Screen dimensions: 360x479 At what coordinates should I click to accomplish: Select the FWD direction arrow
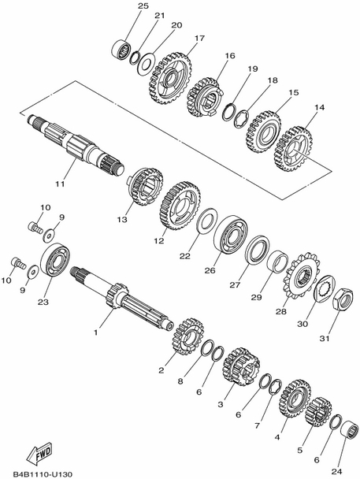click(x=39, y=453)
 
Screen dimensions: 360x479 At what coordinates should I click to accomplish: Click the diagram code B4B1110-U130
click(x=43, y=474)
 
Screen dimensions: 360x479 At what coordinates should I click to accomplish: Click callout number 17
click(x=200, y=39)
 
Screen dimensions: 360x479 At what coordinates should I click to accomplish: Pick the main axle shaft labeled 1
click(x=122, y=299)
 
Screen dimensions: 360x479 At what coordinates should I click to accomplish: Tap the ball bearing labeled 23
click(x=56, y=261)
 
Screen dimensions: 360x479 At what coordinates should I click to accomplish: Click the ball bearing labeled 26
click(x=231, y=235)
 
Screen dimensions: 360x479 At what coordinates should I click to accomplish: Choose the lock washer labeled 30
click(x=325, y=288)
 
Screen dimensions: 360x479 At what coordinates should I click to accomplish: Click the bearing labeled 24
click(x=349, y=432)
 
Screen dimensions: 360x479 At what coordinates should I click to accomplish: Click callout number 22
click(x=185, y=256)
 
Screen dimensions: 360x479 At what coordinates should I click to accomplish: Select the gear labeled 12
click(x=180, y=206)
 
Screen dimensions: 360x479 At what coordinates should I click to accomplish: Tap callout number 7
click(x=257, y=425)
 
